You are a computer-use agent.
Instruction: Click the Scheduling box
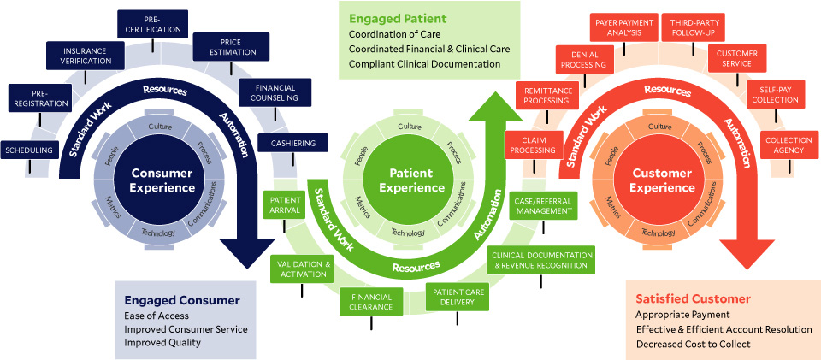click(28, 150)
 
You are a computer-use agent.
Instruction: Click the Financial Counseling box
click(274, 92)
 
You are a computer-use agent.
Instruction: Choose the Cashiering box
click(292, 143)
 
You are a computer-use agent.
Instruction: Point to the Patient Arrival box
click(286, 206)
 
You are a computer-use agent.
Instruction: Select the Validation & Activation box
click(302, 269)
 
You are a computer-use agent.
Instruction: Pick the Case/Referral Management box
click(543, 205)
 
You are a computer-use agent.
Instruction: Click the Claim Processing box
click(533, 145)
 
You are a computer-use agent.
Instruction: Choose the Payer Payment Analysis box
click(623, 27)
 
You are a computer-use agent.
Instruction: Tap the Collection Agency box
click(783, 145)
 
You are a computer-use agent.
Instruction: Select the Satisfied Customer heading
click(693, 298)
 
